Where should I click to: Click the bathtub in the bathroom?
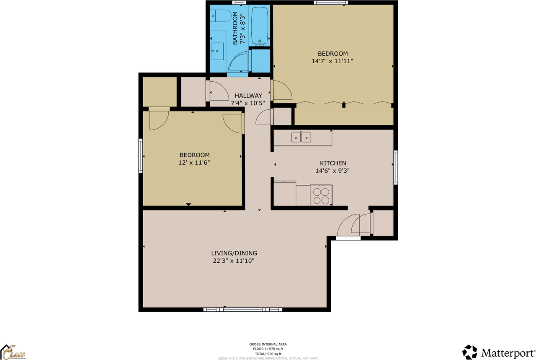pos(260,26)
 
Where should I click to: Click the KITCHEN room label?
pos(333,163)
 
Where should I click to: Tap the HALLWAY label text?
pos(248,96)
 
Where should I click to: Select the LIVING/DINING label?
pos(234,253)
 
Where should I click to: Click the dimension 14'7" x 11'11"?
pos(333,61)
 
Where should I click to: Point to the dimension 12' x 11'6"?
pos(194,162)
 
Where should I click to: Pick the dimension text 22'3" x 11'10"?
pos(234,261)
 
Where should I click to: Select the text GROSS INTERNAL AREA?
pos(268,344)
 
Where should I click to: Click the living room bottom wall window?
pos(242,310)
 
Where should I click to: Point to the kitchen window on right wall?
pos(395,168)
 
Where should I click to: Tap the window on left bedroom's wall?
pos(141,156)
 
